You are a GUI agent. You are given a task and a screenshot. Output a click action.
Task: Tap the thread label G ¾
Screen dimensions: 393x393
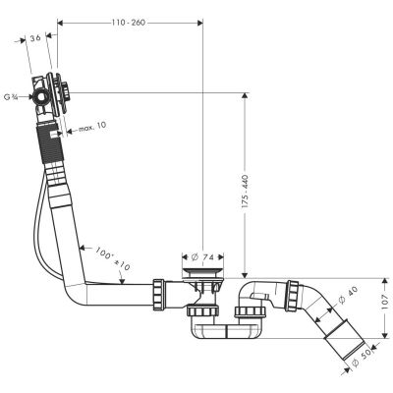click(x=13, y=96)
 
